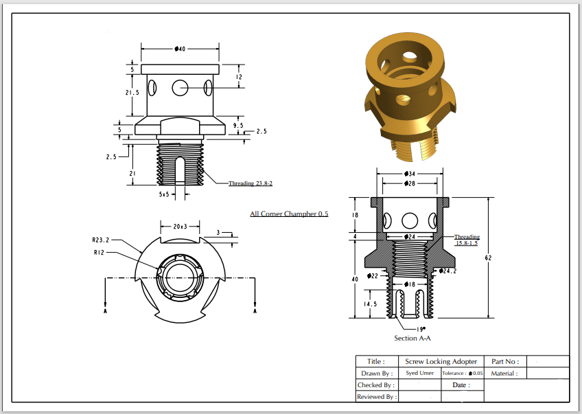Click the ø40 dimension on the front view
coord(181,49)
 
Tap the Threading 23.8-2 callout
coord(251,183)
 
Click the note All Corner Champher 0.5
coord(289,214)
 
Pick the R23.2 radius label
coord(101,240)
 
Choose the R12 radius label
coord(100,253)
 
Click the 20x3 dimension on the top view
coord(180,226)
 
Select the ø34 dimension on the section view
coord(410,174)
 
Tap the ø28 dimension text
coord(410,184)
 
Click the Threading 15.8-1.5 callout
coord(467,240)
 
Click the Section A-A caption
coord(412,338)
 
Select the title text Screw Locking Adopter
coord(441,361)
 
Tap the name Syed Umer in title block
coord(420,373)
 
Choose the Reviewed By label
coord(375,397)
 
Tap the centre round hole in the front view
coord(181,87)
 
